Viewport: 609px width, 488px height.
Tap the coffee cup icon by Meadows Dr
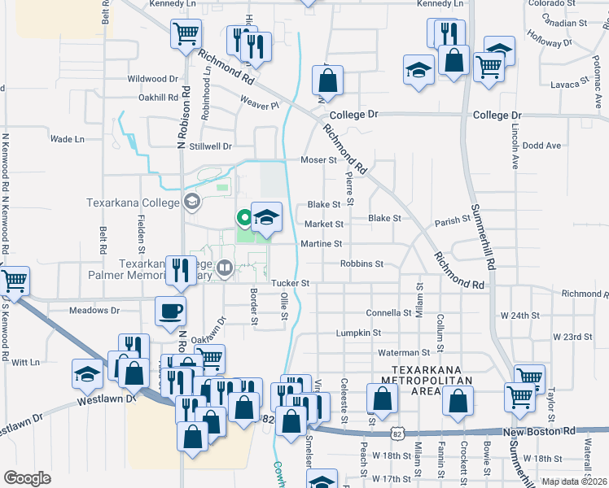(x=171, y=310)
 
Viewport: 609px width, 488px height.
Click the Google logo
(x=27, y=478)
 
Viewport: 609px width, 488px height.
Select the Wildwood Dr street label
(x=152, y=79)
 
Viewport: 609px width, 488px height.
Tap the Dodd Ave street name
(x=543, y=146)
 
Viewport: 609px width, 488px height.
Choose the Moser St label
(x=319, y=160)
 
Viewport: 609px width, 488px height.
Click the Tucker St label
(x=291, y=283)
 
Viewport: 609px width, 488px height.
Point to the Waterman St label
(x=404, y=352)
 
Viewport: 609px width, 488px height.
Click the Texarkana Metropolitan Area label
(x=411, y=381)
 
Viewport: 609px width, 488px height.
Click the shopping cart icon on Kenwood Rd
(x=14, y=281)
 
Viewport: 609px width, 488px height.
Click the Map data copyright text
(x=574, y=481)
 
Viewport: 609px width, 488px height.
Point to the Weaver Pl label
(x=259, y=103)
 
